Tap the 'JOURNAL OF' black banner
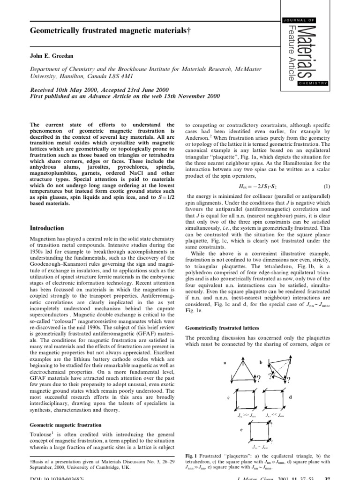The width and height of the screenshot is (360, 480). [304, 19]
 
